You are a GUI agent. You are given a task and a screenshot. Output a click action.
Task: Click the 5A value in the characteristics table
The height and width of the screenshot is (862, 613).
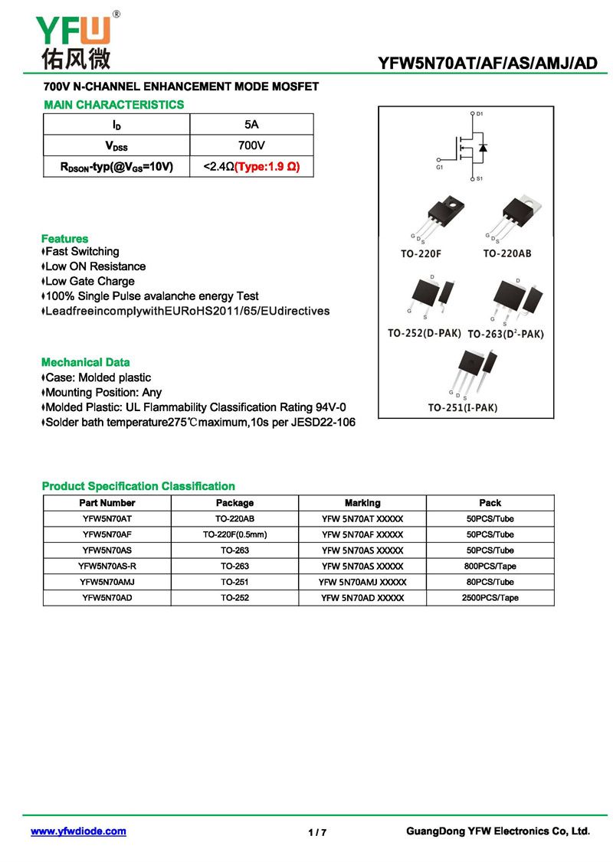coord(251,124)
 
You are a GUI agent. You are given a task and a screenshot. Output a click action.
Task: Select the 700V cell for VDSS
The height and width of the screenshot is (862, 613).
coord(251,145)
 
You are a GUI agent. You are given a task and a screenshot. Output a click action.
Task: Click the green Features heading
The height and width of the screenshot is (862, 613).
coord(64,239)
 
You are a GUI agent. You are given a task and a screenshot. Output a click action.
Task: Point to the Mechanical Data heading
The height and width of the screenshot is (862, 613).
coord(85,362)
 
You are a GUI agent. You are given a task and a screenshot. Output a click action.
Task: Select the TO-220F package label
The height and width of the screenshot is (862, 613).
coord(421,253)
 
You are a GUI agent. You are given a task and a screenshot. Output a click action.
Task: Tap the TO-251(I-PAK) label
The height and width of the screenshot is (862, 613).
coord(463,408)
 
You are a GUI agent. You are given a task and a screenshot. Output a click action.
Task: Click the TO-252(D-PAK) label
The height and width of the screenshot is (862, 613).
coord(424,333)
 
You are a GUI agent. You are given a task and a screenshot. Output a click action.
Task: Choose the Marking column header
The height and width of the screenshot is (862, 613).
coord(362,503)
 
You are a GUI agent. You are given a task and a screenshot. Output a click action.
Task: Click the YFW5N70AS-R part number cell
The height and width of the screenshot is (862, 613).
coord(107,567)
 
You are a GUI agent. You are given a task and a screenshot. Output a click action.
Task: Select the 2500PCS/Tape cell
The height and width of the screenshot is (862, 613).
coord(490,598)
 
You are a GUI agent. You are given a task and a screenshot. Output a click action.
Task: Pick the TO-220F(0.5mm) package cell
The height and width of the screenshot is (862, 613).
coord(234,534)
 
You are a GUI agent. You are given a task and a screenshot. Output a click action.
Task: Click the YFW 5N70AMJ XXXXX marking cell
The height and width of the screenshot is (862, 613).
coord(362,582)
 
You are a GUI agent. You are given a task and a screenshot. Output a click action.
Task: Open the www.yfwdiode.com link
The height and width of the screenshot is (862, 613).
coord(78,831)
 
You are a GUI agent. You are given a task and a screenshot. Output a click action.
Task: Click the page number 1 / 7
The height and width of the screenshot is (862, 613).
coord(317,833)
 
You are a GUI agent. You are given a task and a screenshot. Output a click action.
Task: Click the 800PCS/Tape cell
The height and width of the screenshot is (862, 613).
coord(490,567)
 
